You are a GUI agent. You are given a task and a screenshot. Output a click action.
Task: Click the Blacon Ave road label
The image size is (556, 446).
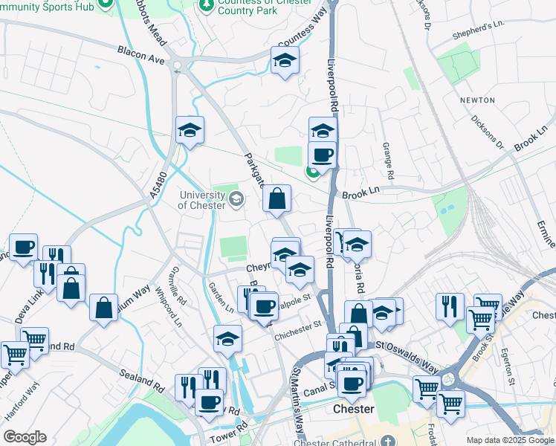pos(140,54)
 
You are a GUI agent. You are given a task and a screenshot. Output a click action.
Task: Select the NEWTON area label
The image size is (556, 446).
pos(476,100)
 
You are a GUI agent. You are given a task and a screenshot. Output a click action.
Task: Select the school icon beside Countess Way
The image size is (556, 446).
pos(284,61)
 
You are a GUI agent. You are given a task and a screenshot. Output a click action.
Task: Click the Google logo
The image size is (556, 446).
pos(25,437)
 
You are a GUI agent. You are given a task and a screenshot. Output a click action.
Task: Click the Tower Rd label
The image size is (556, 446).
pos(233,431)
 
